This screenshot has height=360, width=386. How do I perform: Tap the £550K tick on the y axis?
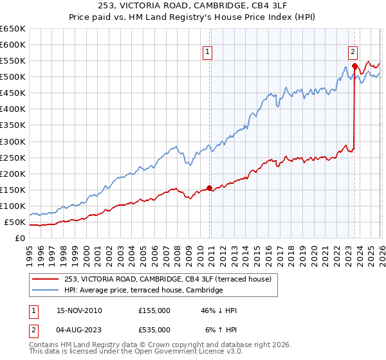point(13,61)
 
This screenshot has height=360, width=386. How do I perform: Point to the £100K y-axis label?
point(13,206)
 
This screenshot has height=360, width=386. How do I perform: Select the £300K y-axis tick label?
point(13,141)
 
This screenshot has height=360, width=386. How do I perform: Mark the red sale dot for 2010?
point(210,188)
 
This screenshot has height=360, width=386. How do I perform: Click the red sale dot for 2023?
point(354,66)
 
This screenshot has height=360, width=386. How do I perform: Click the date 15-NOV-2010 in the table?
point(80,310)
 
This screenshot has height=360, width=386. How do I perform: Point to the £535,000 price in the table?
point(154,330)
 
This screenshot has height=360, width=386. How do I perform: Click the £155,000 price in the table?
point(154,310)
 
